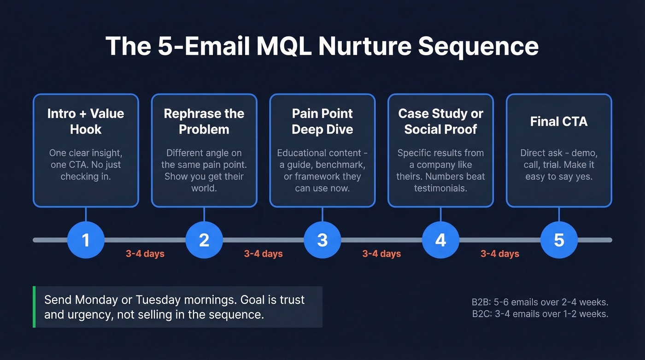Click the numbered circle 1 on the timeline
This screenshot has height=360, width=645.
tap(86, 240)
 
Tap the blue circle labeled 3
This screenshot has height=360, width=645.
tap(322, 240)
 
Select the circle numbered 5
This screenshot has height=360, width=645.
tap(559, 240)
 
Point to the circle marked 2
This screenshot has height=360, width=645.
tap(204, 240)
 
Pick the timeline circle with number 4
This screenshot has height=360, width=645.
tap(440, 240)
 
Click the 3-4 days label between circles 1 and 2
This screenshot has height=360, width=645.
tap(145, 254)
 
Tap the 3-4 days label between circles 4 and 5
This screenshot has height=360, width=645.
tap(500, 254)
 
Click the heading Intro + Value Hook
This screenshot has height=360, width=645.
tap(86, 121)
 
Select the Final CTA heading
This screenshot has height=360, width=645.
tap(559, 121)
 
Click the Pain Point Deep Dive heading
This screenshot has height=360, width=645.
tap(322, 121)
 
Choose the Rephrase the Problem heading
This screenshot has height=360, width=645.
tap(204, 121)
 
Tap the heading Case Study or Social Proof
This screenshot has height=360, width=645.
tap(440, 121)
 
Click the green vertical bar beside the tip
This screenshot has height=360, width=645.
tap(34, 307)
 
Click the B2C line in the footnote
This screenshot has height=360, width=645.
tap(540, 314)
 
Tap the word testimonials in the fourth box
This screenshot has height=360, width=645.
tap(440, 189)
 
